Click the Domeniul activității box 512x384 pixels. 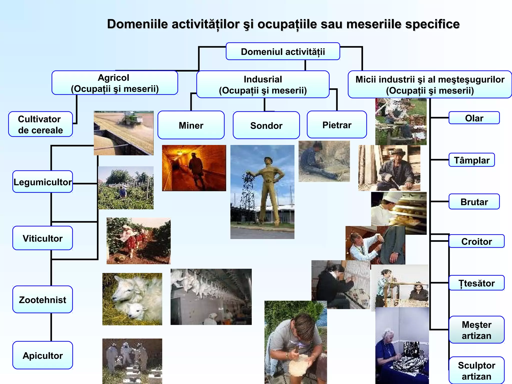[283, 51]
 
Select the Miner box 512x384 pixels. [191, 125]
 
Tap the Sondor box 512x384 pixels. [266, 125]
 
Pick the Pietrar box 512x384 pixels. [337, 125]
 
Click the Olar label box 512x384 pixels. [474, 118]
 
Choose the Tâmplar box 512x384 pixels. [471, 160]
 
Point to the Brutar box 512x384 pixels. [474, 201]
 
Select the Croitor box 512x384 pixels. [476, 241]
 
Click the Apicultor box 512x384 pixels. [42, 355]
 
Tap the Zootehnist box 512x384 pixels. [42, 299]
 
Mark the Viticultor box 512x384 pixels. [42, 238]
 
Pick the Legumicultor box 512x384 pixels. [42, 182]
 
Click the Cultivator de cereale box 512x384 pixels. [40, 124]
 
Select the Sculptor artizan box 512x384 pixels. [476, 370]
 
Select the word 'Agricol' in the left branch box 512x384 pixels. [113, 78]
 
